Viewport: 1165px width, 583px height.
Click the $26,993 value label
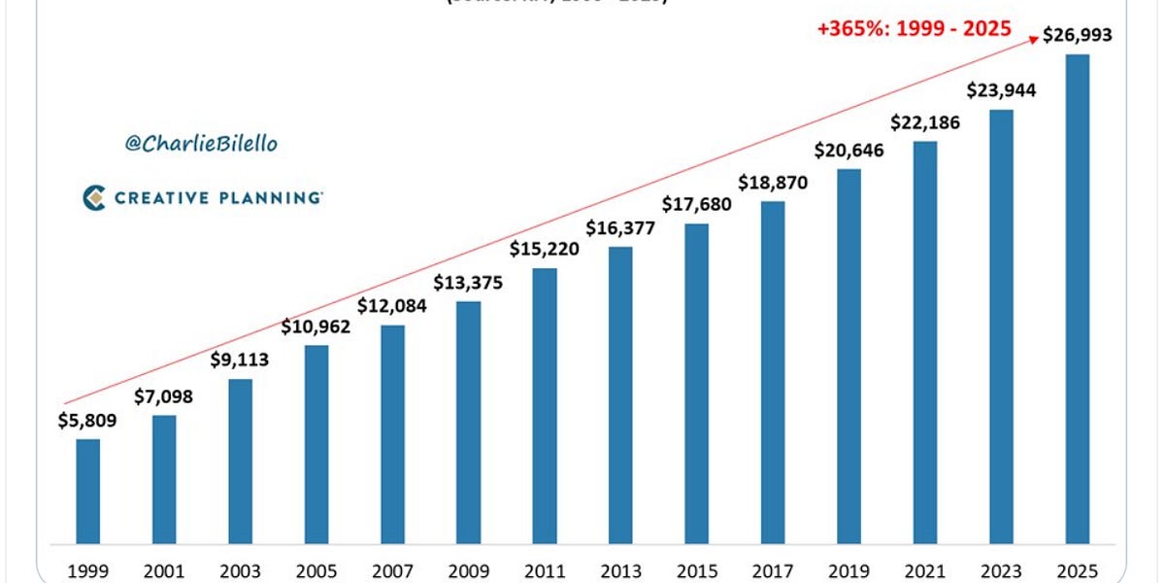[1077, 36]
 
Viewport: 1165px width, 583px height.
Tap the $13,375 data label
[468, 283]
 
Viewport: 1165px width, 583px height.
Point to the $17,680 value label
[696, 205]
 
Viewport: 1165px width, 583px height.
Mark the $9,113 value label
[240, 360]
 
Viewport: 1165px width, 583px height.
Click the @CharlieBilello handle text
[201, 144]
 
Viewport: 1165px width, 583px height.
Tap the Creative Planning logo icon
[94, 198]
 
